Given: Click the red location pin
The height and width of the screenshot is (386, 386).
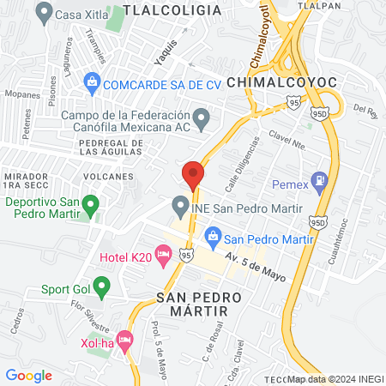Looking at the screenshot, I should pos(193,174).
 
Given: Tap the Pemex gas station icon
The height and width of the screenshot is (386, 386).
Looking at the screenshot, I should pos(321,181).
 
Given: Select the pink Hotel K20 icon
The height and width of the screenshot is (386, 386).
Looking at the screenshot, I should pos(163,258).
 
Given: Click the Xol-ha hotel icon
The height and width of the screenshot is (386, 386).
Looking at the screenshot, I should pos(124,341).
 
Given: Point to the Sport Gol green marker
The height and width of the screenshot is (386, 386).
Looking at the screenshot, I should pos(102,286).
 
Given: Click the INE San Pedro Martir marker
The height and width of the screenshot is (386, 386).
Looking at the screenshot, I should pos(180,207).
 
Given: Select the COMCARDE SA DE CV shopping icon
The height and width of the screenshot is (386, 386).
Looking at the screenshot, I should pos(92,83).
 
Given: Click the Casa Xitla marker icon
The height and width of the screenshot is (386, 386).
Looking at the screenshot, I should pos(44,13).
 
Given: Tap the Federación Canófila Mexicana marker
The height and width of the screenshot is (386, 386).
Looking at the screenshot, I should pos(202,118).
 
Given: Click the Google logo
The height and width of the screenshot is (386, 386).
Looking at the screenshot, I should pos(28,375).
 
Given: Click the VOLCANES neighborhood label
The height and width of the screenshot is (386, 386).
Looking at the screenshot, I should pos(110,176).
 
